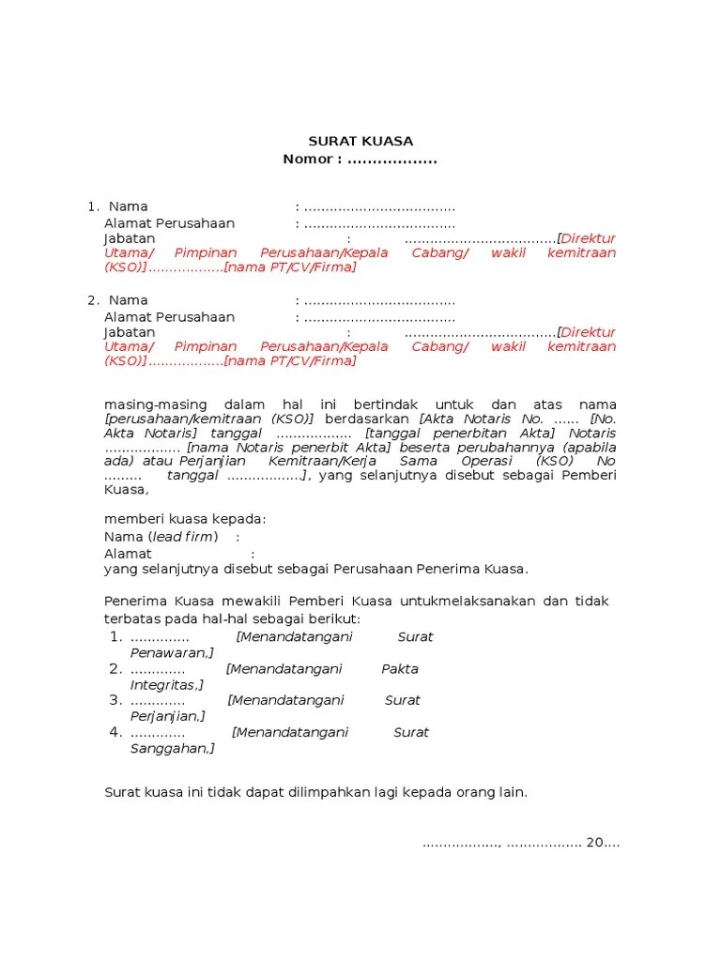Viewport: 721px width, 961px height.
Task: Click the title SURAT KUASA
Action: (x=360, y=142)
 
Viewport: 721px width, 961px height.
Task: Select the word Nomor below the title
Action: (x=307, y=160)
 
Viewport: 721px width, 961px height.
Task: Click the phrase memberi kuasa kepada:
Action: (x=185, y=520)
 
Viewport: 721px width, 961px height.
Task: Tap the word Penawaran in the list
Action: (x=170, y=652)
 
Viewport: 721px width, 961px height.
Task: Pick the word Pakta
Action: (x=400, y=669)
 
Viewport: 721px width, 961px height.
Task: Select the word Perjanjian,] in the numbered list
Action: (x=170, y=717)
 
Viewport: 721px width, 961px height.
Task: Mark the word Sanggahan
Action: (x=172, y=749)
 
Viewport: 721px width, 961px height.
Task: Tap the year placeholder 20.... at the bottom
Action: (x=603, y=842)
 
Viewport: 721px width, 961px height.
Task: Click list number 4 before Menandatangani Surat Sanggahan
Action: (x=115, y=732)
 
